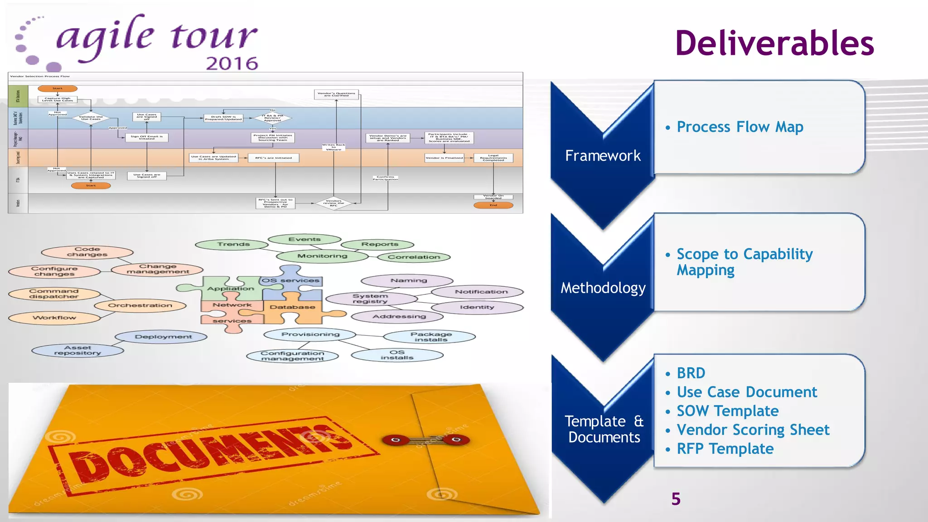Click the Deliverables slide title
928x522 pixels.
click(774, 43)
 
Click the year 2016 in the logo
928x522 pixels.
click(232, 63)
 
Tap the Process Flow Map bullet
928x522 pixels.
click(739, 127)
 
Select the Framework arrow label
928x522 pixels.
click(603, 156)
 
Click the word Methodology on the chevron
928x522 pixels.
click(603, 288)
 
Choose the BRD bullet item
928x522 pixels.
click(691, 373)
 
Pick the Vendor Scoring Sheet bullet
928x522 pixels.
click(753, 430)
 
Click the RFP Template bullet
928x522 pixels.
click(725, 449)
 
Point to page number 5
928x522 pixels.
click(676, 499)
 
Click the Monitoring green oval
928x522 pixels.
click(322, 256)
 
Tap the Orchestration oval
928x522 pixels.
click(140, 305)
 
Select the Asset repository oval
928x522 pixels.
click(77, 350)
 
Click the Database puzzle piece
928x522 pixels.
click(293, 308)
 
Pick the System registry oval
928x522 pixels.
click(370, 299)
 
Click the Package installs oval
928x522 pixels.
click(430, 337)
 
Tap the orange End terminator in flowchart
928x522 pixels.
click(493, 205)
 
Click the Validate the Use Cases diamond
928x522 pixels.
click(91, 118)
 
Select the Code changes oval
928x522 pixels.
click(87, 252)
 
